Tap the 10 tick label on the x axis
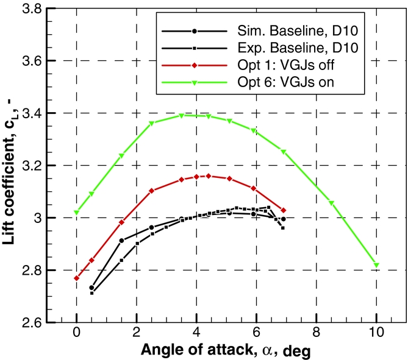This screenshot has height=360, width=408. point(376,334)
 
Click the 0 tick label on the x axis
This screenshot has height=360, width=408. point(76,334)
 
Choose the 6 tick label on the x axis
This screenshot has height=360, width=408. point(256,334)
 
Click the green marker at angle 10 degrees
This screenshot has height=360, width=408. point(376,265)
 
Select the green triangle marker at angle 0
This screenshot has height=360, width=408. point(76,213)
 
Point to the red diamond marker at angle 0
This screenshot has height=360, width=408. point(76,278)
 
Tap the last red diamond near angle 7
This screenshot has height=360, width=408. point(284,210)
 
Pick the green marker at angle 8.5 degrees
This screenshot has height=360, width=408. point(332,203)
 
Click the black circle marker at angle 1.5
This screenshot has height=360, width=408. point(121,241)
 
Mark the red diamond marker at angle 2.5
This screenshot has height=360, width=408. point(151,191)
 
